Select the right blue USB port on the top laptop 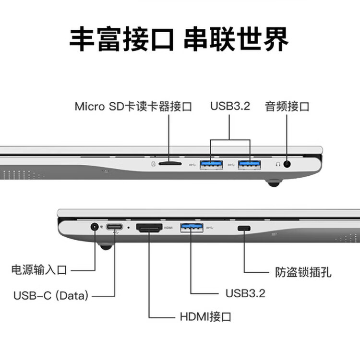click(250, 165)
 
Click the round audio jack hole click(288, 164)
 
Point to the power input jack click(95, 227)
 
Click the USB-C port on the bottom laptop click(115, 227)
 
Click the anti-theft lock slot click(244, 228)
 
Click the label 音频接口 click(287, 107)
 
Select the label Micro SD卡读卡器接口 click(133, 107)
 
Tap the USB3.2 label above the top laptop click(230, 106)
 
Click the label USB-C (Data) click(51, 295)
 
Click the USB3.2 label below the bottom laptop click(245, 293)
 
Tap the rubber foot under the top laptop click(274, 183)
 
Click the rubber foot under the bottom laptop click(107, 247)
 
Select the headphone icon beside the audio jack click(278, 164)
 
